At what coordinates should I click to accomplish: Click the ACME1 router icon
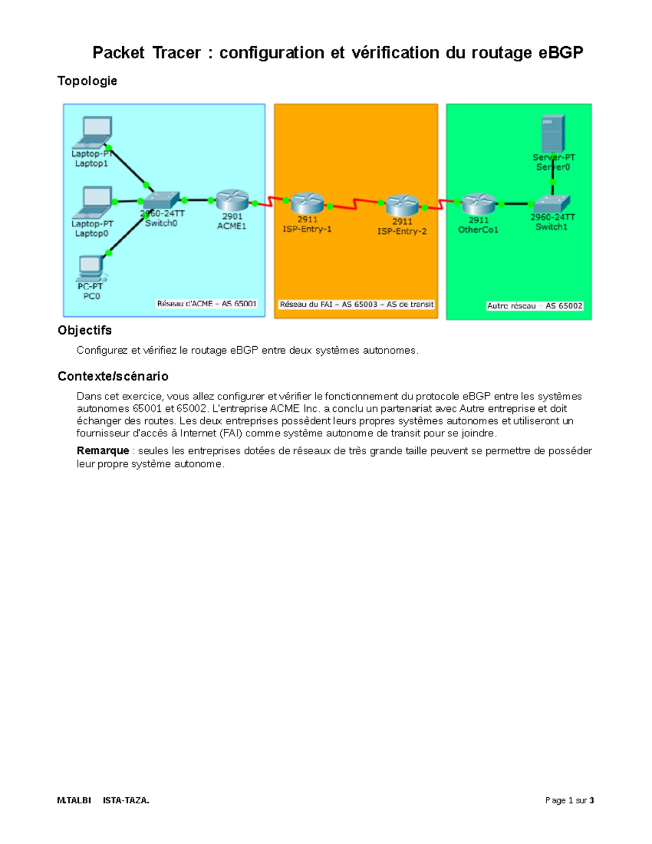click(x=232, y=200)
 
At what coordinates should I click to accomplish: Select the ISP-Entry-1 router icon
click(x=307, y=203)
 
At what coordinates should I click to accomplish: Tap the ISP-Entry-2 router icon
click(x=402, y=205)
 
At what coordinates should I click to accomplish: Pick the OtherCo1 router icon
click(x=478, y=204)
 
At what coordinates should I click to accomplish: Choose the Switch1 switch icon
click(x=551, y=204)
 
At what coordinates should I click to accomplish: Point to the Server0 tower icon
click(x=553, y=134)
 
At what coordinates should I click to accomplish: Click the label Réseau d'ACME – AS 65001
click(x=206, y=304)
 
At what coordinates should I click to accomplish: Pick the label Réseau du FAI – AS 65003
click(x=356, y=304)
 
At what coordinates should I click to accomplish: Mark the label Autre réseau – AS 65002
click(x=535, y=306)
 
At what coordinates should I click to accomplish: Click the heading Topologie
click(x=87, y=81)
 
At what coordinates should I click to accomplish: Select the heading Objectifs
click(x=84, y=330)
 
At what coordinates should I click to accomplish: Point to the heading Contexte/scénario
click(x=112, y=376)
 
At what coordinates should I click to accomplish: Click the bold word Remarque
click(x=103, y=451)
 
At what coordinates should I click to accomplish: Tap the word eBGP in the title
click(x=560, y=53)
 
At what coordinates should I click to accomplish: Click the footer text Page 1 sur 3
click(x=569, y=801)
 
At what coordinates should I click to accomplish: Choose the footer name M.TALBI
click(x=74, y=801)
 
